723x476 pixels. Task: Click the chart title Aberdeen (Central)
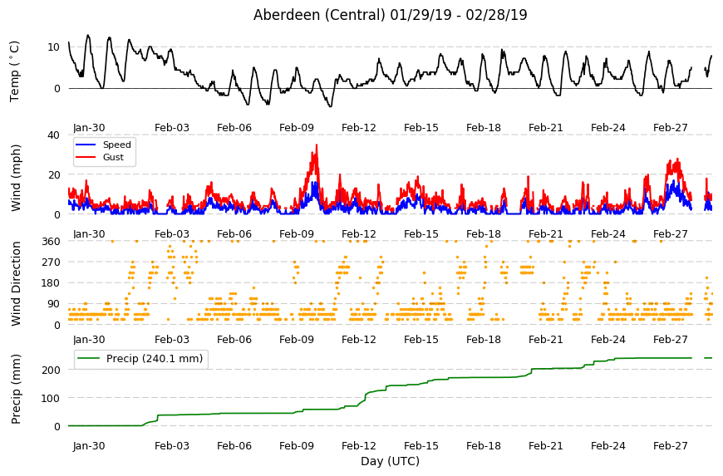coord(318,15)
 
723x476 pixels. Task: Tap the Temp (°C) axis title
coord(15,71)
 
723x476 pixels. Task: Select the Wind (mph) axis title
coord(16,178)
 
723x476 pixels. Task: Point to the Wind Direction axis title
coord(16,283)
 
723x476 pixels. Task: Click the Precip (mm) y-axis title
coord(16,389)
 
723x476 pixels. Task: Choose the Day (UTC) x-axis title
coord(390,461)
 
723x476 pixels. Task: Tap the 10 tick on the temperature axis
coord(53,47)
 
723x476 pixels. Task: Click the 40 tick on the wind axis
coord(53,135)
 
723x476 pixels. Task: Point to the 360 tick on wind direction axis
coord(51,241)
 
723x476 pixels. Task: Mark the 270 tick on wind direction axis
coord(51,263)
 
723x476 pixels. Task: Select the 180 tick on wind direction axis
coord(51,283)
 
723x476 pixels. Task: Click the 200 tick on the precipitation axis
coord(51,370)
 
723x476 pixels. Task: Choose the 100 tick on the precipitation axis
coord(51,398)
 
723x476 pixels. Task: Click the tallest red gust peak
coord(317,145)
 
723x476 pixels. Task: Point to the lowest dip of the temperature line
coord(330,106)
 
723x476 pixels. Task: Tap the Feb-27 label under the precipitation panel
coord(671,445)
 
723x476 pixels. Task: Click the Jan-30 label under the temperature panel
coord(89,128)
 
